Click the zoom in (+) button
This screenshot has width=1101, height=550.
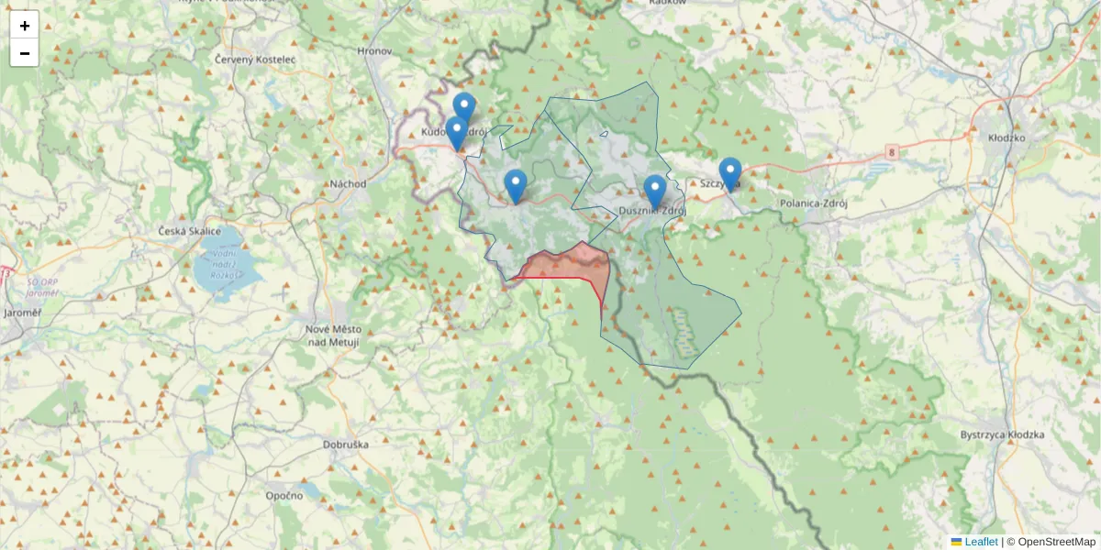pos(25,26)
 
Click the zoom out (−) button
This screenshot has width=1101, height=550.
pos(25,53)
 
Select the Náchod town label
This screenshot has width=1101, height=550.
pos(349,183)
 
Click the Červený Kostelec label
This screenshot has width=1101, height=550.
pos(255,59)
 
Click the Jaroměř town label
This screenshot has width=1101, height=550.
pos(23,313)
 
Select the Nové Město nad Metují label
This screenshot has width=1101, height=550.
pos(333,335)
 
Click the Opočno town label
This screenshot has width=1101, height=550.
pos(284,495)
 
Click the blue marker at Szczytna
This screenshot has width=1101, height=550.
pos(729,173)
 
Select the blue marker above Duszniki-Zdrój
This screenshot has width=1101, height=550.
pos(654,191)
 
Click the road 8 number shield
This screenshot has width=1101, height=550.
pos(891,149)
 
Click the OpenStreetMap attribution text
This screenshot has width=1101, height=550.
pos(1056,542)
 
